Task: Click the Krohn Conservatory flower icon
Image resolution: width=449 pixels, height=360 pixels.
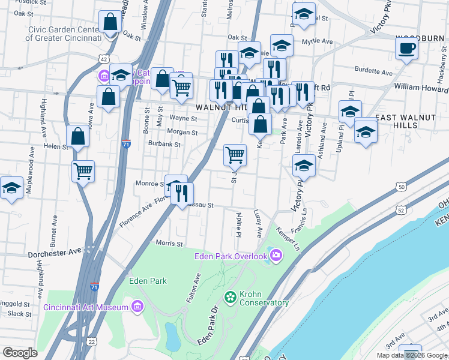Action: (231, 296)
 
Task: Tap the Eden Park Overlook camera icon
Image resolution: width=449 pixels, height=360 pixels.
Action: (276, 256)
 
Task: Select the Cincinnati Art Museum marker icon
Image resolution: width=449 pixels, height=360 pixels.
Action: (137, 307)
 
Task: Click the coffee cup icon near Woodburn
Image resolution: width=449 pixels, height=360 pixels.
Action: (406, 48)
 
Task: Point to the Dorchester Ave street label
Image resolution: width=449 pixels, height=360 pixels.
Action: (54, 254)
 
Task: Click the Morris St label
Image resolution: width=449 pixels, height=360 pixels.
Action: (169, 244)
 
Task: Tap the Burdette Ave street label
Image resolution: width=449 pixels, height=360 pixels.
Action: (373, 72)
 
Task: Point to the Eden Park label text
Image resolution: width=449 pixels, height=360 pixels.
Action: (148, 280)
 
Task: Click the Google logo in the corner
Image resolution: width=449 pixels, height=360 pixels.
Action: (20, 353)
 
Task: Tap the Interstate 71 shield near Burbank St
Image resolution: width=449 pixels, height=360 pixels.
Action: (125, 144)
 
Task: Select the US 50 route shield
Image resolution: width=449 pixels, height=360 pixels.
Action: (400, 188)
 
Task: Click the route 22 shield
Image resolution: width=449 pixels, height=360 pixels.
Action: (91, 341)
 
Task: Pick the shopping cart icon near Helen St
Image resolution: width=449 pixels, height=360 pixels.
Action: (83, 170)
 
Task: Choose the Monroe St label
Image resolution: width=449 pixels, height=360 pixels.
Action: (149, 184)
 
